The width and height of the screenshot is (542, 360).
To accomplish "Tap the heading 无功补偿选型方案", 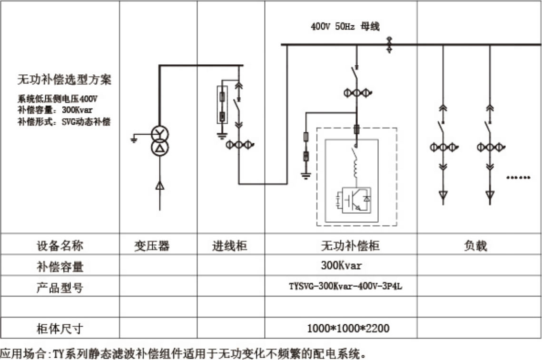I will [x=64, y=80].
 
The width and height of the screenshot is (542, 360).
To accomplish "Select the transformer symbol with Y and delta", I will [x=160, y=141].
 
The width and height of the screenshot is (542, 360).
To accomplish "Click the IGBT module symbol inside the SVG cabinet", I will [x=353, y=200].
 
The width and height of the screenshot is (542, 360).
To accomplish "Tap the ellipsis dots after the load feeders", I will [x=518, y=178].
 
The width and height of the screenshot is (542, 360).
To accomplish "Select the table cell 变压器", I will [x=151, y=246].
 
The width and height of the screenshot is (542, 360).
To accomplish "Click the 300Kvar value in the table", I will [x=341, y=265].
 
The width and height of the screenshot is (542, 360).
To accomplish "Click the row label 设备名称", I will [x=60, y=246].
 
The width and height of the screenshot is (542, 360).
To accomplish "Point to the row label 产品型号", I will [x=60, y=288].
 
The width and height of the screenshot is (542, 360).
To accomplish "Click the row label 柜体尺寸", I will [x=60, y=328].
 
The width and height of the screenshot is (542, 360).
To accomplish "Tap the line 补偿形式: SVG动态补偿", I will [x=64, y=122].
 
